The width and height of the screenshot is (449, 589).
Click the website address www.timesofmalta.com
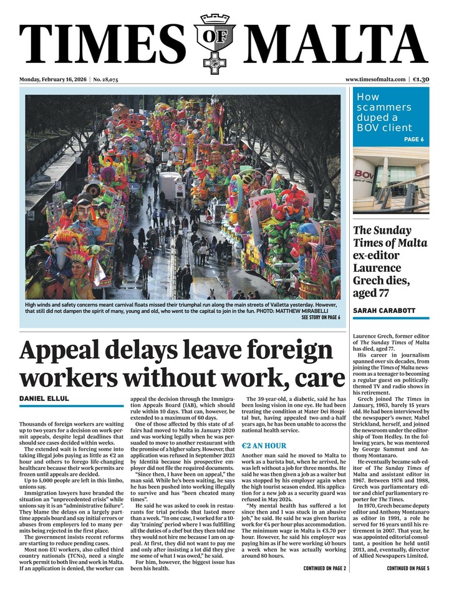pos(375,80)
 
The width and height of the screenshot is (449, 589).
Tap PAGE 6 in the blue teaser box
pos(413,139)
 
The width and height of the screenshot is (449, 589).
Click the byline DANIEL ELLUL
pos(44,398)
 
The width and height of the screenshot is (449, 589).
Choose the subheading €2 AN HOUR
pos(264,446)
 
